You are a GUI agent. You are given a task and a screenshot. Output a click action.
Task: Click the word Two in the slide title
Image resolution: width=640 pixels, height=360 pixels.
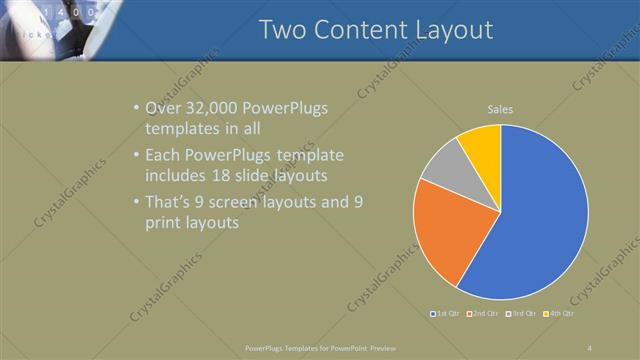[283, 30]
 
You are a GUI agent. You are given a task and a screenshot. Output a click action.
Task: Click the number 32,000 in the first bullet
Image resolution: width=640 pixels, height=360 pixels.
[218, 108]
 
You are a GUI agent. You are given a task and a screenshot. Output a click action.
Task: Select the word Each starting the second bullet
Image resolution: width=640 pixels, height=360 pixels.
[165, 156]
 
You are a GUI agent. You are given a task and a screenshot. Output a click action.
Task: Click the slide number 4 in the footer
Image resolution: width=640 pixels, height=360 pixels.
[589, 347]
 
